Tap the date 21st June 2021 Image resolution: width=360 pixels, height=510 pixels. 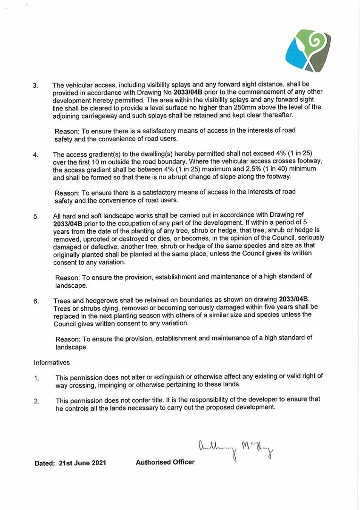[x=83, y=463]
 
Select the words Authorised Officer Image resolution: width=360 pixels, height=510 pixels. [x=165, y=462]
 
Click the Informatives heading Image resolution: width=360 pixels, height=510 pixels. [x=52, y=363]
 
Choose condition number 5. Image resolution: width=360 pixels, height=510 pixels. [x=36, y=217]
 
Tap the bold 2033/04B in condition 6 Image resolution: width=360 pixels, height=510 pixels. [x=293, y=299]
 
